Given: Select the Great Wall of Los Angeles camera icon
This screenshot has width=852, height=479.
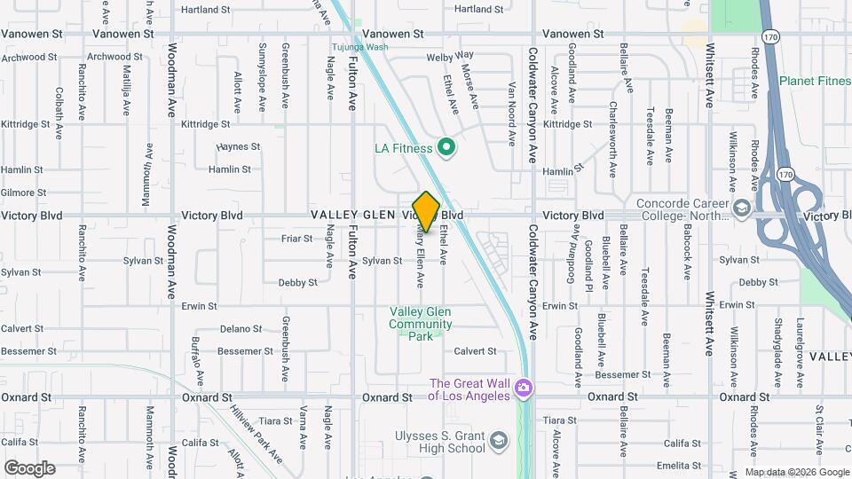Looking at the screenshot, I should [524, 388].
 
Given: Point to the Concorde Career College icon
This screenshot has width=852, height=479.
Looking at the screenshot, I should [740, 208].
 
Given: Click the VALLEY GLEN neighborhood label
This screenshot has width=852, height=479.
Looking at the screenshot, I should [353, 216].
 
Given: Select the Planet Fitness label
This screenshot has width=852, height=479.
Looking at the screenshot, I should [815, 82].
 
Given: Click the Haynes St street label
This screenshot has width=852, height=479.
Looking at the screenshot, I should [239, 146].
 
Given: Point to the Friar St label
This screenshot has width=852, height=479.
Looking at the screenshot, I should [296, 239].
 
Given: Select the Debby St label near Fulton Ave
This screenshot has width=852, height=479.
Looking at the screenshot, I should [298, 283].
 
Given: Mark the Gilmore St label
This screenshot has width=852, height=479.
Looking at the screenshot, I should [23, 192].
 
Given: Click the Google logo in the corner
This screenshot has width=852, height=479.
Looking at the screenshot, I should [29, 467].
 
